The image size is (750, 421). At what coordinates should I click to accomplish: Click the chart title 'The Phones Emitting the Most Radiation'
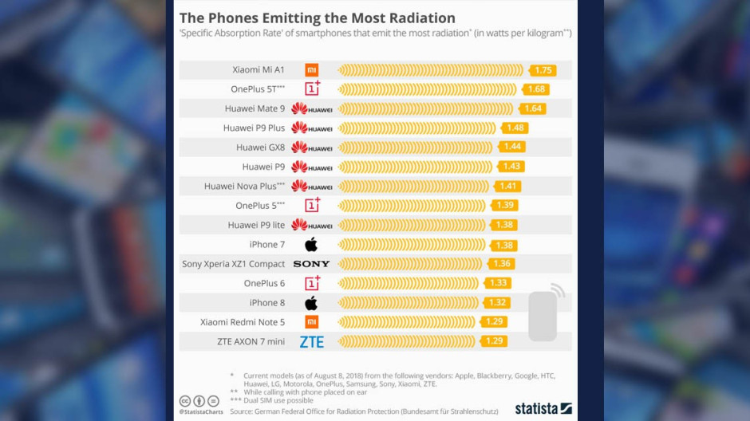pyautogui.click(x=317, y=18)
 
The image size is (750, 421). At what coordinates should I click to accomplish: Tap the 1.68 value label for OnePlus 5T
pyautogui.click(x=535, y=89)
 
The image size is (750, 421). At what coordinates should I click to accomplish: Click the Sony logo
pyautogui.click(x=311, y=264)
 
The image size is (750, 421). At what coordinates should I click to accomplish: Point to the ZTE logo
pyautogui.click(x=311, y=342)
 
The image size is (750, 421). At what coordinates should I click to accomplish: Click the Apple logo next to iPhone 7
pyautogui.click(x=311, y=244)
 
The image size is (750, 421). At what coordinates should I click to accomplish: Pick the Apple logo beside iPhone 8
pyautogui.click(x=311, y=303)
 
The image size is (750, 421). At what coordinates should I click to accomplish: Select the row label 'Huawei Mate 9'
pyautogui.click(x=255, y=108)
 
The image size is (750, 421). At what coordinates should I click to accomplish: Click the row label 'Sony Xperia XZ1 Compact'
pyautogui.click(x=233, y=264)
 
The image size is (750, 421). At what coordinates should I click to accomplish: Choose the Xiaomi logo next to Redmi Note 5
pyautogui.click(x=311, y=322)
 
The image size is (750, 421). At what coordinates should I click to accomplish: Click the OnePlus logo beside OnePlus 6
pyautogui.click(x=312, y=283)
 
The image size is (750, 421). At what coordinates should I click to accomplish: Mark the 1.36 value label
pyautogui.click(x=503, y=264)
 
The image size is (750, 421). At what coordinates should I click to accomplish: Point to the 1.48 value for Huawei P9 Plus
pyautogui.click(x=515, y=128)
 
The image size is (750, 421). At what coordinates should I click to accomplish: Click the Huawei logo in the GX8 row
pyautogui.click(x=311, y=148)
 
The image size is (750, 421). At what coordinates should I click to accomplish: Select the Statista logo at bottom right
pyautogui.click(x=543, y=408)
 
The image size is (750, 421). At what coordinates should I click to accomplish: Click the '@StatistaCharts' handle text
pyautogui.click(x=202, y=411)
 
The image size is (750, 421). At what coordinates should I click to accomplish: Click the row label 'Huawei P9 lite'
pyautogui.click(x=256, y=225)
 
